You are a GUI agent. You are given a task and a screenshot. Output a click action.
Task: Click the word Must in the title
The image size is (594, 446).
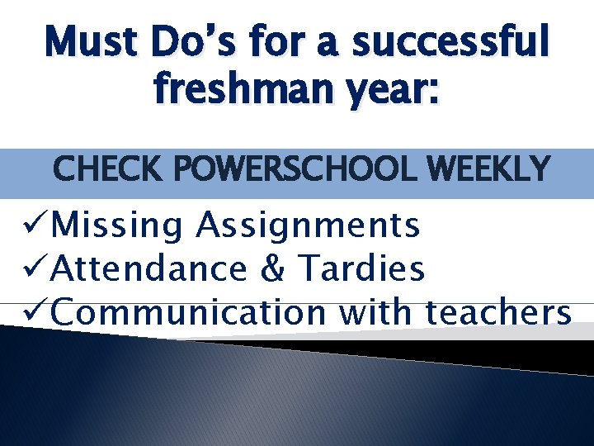(x=91, y=41)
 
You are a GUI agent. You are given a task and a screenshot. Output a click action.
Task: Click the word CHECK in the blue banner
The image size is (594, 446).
(x=106, y=170)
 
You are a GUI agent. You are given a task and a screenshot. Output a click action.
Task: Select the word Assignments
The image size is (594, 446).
(x=307, y=225)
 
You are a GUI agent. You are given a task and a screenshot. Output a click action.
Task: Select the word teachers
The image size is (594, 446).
(x=498, y=312)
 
